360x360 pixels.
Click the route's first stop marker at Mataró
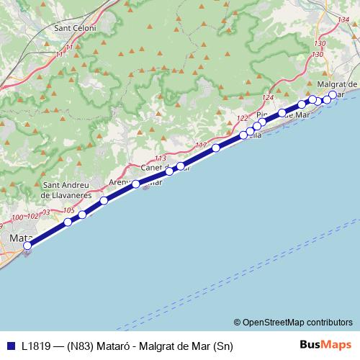[x=27, y=246]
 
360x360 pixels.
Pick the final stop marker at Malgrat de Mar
[x=332, y=94]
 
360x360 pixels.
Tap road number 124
[x=269, y=98]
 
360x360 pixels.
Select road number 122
[x=242, y=118]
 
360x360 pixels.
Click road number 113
[x=160, y=158]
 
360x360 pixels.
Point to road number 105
[x=69, y=210]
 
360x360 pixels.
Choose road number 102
[x=32, y=216]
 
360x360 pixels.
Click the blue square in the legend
[x=9, y=344]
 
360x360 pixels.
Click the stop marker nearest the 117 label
[x=216, y=148]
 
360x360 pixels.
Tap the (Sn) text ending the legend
[x=224, y=344]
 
